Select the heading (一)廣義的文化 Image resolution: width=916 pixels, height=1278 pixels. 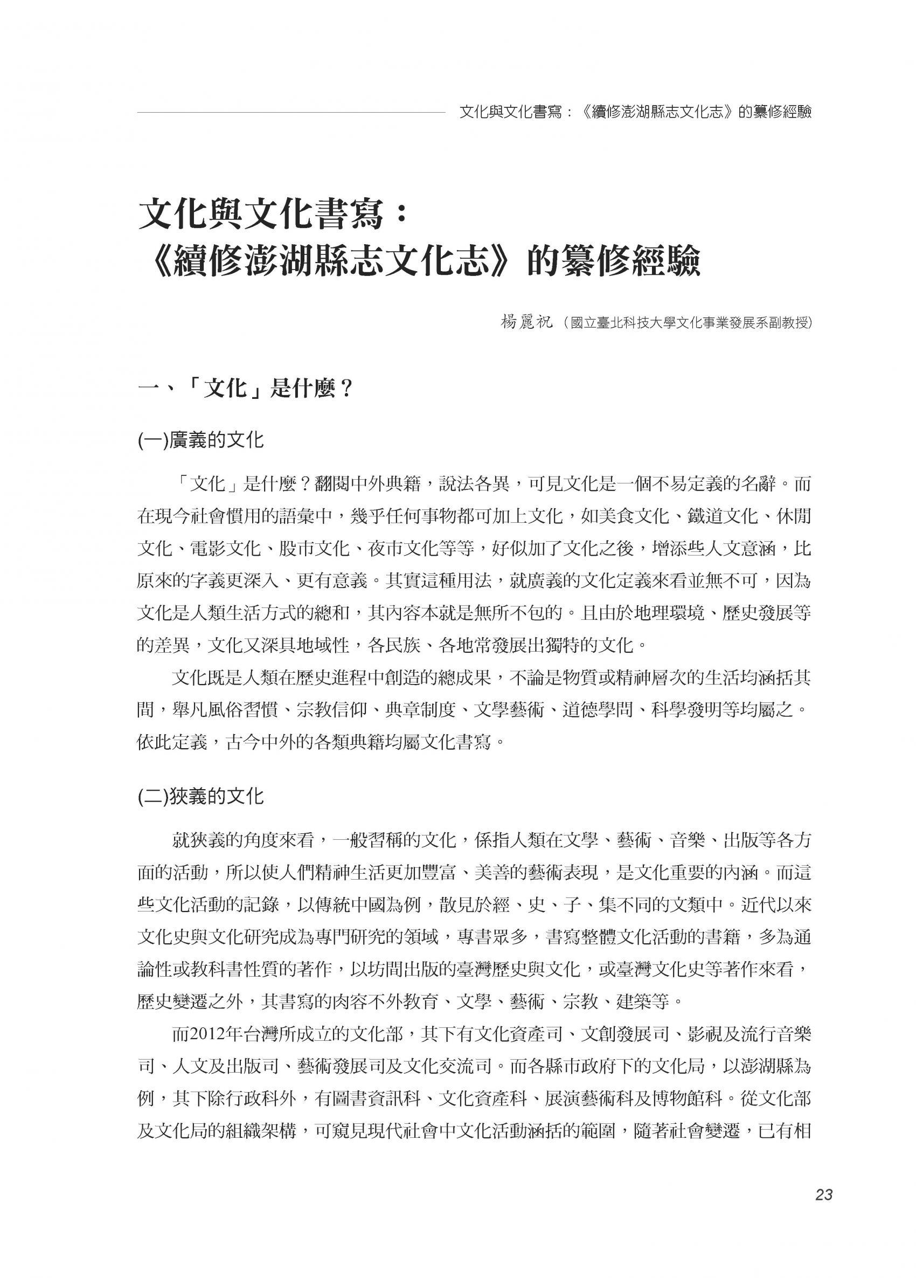200,439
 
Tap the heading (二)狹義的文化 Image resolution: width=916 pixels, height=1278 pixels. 200,796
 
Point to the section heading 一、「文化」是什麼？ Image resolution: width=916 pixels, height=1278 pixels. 245,388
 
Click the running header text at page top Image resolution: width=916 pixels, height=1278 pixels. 635,112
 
